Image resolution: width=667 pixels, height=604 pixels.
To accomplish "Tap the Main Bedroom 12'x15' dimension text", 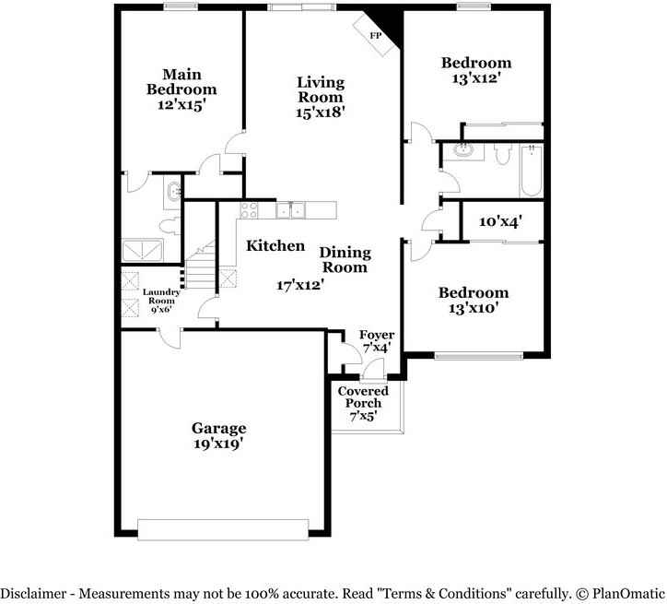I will pyautogui.click(x=181, y=106).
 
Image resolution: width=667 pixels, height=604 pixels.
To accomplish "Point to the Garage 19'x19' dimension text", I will pyautogui.click(x=218, y=444).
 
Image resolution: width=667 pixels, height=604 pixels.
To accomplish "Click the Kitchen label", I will pyautogui.click(x=275, y=246).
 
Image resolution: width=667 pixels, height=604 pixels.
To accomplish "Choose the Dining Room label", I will pyautogui.click(x=345, y=260).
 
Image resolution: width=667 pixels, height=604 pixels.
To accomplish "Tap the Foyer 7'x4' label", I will pyautogui.click(x=376, y=341).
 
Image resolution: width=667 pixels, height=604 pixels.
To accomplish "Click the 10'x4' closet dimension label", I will pyautogui.click(x=501, y=222).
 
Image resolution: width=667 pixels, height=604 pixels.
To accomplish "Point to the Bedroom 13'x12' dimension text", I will pyautogui.click(x=475, y=78).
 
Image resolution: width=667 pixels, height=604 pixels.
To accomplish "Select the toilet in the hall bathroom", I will pyautogui.click(x=502, y=155).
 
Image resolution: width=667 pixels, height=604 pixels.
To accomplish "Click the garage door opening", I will pyautogui.click(x=222, y=527).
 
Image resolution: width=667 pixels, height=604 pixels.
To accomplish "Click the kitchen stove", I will pyautogui.click(x=250, y=209).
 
